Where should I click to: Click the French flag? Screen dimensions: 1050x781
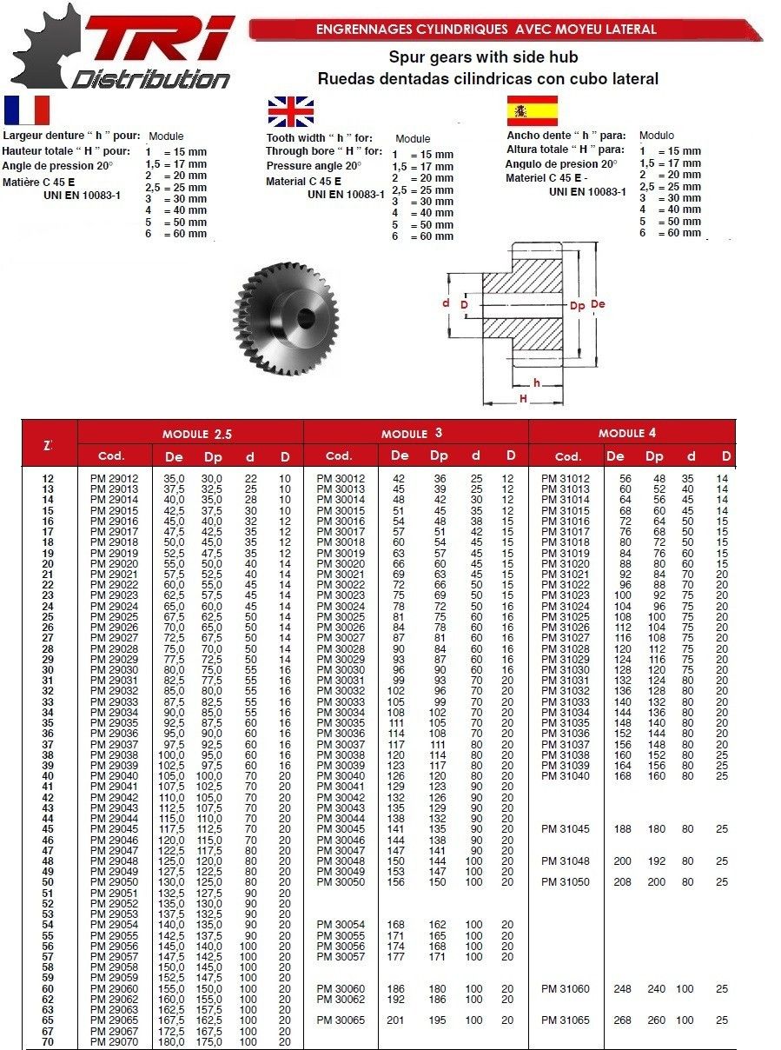coord(27,110)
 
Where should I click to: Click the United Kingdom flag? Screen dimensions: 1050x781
coord(291,113)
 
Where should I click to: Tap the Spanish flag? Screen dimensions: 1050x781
coord(532,111)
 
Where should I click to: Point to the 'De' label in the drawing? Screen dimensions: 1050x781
coord(598,304)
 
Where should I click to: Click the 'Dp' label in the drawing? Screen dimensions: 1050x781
coord(577,306)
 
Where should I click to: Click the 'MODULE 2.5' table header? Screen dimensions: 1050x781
coord(197,433)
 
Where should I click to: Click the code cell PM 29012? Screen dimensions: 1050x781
coord(114,479)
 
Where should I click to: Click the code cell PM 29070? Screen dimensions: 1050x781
coord(114,1041)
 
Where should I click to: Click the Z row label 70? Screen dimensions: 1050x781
coord(48,1041)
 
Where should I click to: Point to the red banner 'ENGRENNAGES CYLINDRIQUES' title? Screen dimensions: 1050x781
coord(486,30)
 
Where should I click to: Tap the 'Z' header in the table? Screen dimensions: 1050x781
coord(48,445)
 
